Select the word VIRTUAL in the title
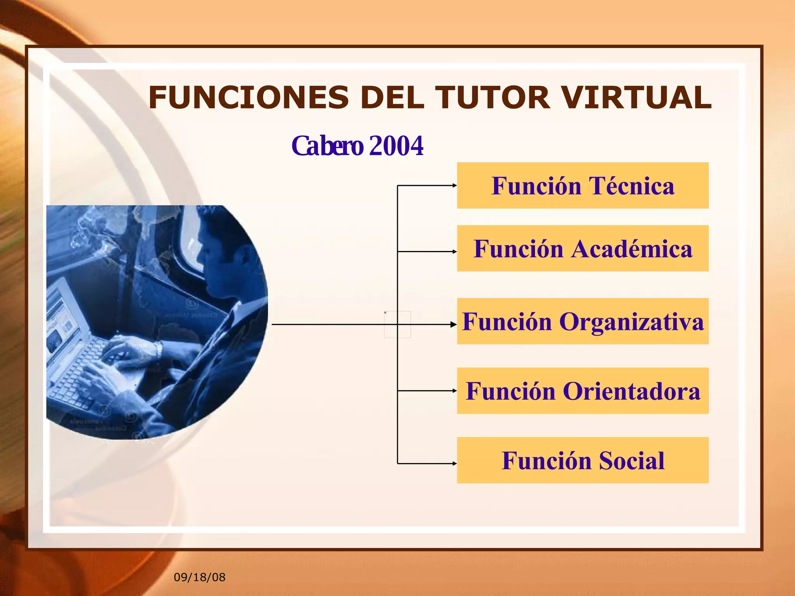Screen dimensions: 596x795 637,98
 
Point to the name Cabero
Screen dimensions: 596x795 327,146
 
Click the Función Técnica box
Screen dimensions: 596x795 583,185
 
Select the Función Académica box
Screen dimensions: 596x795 583,248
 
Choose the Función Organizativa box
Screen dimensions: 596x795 583,321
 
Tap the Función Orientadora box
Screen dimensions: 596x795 583,391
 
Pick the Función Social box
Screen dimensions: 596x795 583,460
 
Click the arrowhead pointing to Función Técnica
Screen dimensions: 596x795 455,185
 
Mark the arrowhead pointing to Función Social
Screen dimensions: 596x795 455,463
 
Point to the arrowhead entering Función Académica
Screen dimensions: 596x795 455,251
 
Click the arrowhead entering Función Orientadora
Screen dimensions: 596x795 455,391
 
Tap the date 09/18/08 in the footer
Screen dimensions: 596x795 200,577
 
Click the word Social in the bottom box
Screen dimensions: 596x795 631,461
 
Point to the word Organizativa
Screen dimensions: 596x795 631,322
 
